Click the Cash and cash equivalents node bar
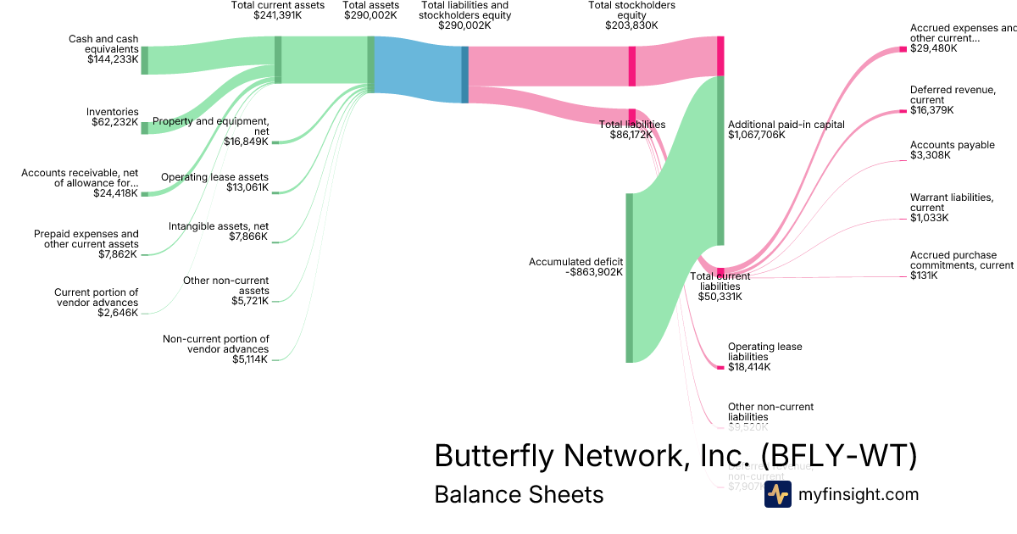[144, 60]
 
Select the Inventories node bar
[144, 128]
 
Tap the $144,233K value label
[113, 59]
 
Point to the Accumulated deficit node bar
[629, 277]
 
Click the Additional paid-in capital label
[786, 124]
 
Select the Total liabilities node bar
[632, 114]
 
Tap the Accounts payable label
[952, 145]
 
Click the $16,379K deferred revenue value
[931, 110]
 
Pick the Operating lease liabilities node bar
[720, 367]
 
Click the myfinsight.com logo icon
[777, 494]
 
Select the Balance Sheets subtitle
[519, 494]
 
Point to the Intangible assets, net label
[218, 226]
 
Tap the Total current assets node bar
[278, 59]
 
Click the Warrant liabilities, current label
[952, 203]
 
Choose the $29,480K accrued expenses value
[933, 49]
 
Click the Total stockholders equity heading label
[631, 15]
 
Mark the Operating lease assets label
[214, 177]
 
